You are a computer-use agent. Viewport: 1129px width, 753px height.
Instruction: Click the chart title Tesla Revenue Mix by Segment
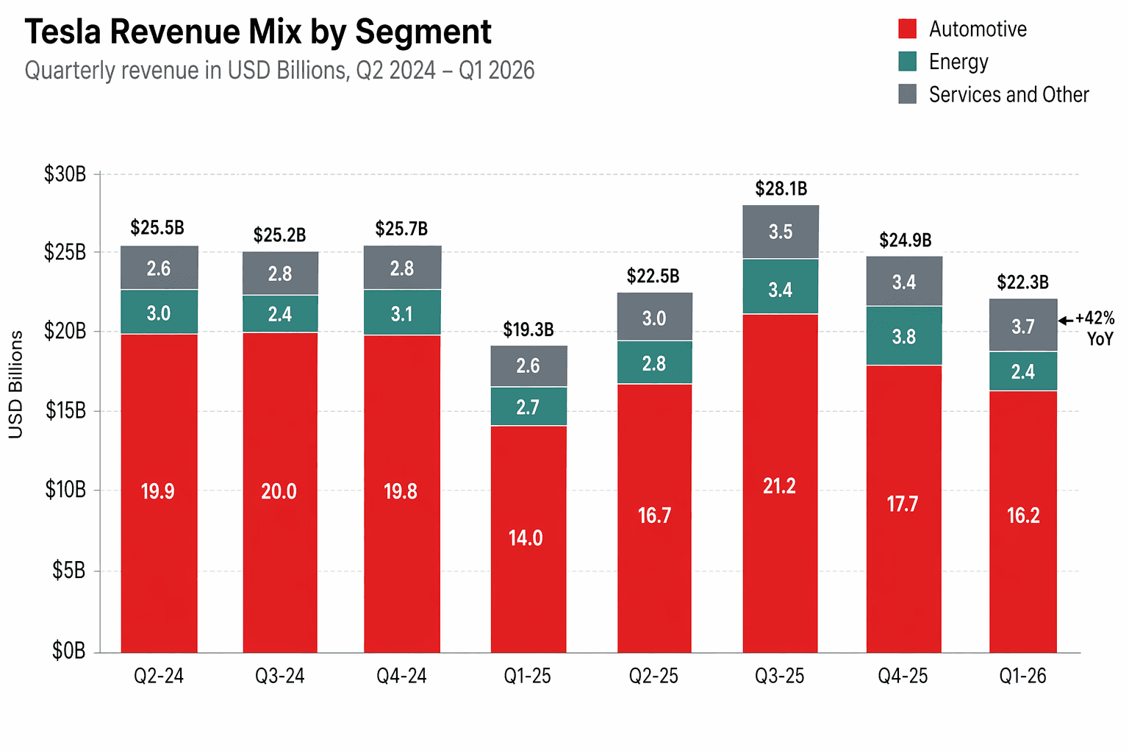pyautogui.click(x=258, y=32)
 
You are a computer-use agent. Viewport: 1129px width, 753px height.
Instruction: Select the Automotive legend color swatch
pyautogui.click(x=908, y=29)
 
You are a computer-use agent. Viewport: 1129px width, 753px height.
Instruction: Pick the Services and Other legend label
pyautogui.click(x=1008, y=95)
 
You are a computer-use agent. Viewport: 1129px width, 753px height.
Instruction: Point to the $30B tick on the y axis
pyautogui.click(x=65, y=174)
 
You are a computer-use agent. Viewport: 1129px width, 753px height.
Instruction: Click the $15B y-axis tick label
pyautogui.click(x=65, y=410)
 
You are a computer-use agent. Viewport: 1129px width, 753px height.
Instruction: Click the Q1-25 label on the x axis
pyautogui.click(x=527, y=676)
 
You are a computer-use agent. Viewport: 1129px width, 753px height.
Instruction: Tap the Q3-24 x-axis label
pyautogui.click(x=280, y=676)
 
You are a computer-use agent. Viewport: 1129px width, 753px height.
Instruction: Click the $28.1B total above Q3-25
pyautogui.click(x=781, y=189)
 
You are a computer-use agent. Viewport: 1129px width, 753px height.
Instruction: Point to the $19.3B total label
pyautogui.click(x=528, y=329)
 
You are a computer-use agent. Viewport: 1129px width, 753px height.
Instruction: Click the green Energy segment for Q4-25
pyautogui.click(x=904, y=336)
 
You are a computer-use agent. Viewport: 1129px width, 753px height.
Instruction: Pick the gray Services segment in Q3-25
pyautogui.click(x=781, y=232)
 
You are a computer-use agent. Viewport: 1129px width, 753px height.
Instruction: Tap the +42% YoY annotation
pyautogui.click(x=1095, y=328)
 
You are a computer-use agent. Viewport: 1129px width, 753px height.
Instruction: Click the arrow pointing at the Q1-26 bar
pyautogui.click(x=1065, y=321)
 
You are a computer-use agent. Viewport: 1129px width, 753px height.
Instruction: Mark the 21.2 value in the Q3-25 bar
pyautogui.click(x=779, y=486)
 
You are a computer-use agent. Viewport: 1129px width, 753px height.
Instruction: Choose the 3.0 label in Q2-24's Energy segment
pyautogui.click(x=159, y=313)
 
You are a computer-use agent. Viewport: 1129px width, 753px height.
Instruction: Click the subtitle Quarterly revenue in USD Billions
pyautogui.click(x=279, y=71)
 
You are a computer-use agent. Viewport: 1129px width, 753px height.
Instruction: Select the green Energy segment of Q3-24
pyautogui.click(x=280, y=314)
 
